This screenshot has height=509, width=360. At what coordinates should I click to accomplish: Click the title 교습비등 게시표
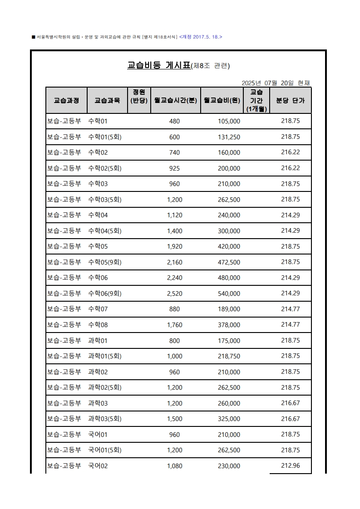158,65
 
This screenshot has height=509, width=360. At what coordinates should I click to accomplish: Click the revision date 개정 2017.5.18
201,37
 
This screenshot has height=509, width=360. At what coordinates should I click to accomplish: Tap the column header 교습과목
107,100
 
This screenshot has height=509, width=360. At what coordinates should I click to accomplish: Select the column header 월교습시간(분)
175,100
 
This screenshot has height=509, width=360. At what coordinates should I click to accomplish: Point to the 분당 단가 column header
291,100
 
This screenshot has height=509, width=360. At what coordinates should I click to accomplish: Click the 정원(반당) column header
139,96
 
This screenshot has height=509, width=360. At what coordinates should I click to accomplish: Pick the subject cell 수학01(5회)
104,137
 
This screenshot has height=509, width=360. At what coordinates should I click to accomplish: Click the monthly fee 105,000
229,121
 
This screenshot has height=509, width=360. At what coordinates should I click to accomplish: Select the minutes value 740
174,152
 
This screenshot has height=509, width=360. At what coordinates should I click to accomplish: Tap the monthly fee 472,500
229,262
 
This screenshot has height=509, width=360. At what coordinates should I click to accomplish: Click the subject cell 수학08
98,325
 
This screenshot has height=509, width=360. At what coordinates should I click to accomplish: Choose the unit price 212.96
291,465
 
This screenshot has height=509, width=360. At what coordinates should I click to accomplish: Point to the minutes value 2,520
174,294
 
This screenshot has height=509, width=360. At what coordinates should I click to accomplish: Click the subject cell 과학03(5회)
104,419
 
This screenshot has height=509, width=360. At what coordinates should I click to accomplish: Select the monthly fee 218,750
229,356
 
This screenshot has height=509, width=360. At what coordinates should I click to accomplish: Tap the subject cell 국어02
98,466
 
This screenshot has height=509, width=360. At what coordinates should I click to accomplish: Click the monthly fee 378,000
229,325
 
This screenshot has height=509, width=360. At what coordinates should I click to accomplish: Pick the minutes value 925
174,168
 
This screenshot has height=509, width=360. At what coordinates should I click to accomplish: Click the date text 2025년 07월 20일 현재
276,83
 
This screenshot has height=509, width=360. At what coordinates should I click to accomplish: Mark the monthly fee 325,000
229,419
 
